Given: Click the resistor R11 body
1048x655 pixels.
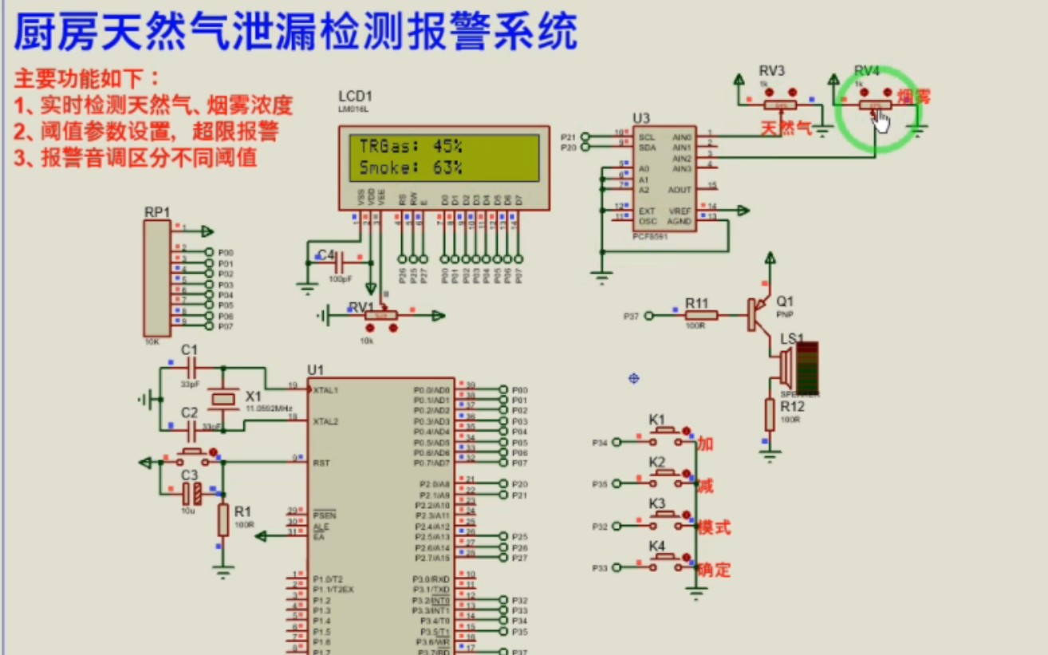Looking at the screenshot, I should point(701,316).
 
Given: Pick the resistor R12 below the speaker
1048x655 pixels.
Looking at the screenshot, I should point(770,414).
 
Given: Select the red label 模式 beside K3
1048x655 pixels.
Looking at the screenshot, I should point(714,527).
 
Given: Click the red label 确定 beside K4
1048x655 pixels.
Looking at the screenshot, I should point(714,570).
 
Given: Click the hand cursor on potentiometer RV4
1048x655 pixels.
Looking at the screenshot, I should point(881,120).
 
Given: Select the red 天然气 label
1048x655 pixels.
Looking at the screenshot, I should point(786,128).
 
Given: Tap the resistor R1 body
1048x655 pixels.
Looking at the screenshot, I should point(223,519).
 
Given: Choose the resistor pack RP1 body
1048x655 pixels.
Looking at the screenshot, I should point(156,278).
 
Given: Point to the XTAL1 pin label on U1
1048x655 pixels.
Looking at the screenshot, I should point(325,389).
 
